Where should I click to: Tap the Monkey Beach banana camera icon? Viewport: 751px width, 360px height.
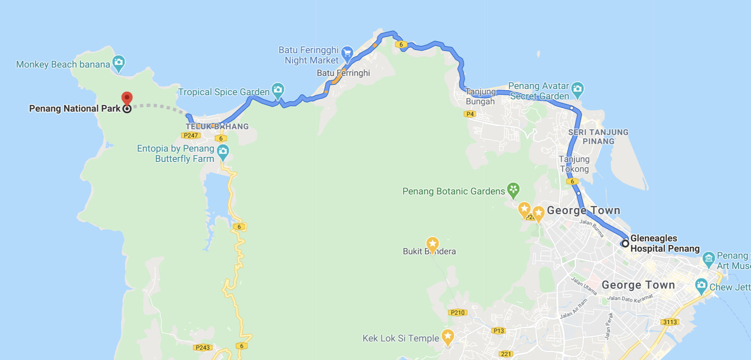click(119, 63)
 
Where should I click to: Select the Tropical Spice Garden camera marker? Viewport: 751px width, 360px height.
click(278, 90)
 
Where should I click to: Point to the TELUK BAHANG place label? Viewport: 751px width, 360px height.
click(217, 126)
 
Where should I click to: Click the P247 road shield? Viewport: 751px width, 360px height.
click(191, 136)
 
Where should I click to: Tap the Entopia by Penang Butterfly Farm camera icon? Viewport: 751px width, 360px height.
click(223, 152)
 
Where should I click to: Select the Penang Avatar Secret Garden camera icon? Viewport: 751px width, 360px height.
click(577, 89)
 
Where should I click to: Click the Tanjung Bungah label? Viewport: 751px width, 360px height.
click(480, 96)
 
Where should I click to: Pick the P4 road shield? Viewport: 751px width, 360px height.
click(470, 114)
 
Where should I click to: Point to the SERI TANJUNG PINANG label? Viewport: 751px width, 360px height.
click(598, 137)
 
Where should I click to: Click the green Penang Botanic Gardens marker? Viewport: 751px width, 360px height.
click(513, 190)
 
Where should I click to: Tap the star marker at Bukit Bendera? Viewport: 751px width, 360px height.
click(432, 244)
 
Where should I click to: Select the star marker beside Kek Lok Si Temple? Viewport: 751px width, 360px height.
click(448, 337)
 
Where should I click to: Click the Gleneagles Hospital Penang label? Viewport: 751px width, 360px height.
click(665, 243)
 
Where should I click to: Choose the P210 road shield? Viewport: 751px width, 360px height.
click(457, 313)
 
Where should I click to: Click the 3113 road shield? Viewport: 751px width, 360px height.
click(670, 322)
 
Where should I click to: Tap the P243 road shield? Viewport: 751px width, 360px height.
click(203, 348)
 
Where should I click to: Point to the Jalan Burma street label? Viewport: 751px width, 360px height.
click(592, 228)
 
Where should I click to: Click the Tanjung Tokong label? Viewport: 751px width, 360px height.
click(574, 164)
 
